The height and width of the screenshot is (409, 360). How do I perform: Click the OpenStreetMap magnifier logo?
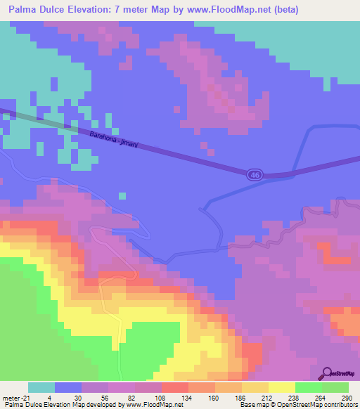tap(328, 373)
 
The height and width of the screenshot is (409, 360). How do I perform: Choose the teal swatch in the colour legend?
tap(41, 387)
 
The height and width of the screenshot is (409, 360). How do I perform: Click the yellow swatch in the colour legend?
tap(282, 387)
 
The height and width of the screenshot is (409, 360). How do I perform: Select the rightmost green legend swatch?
tap(335, 387)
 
